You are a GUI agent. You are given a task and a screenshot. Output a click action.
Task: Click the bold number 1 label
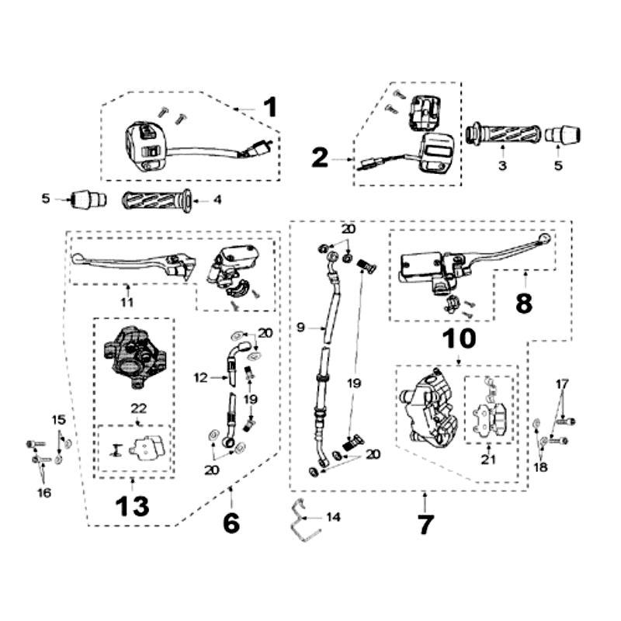pos(269,107)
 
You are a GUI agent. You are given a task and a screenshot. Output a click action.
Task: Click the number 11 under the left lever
pos(127,301)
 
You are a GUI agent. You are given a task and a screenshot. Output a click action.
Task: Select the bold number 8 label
pos(524,302)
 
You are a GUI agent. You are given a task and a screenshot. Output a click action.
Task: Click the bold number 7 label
pos(425,524)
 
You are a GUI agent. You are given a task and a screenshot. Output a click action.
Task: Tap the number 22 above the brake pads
pos(138,409)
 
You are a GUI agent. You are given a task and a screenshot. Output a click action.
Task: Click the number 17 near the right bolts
pos(562,383)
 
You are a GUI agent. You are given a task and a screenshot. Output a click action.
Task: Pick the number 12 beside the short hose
pos(200,378)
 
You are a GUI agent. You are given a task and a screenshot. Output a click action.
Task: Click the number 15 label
pos(59,420)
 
